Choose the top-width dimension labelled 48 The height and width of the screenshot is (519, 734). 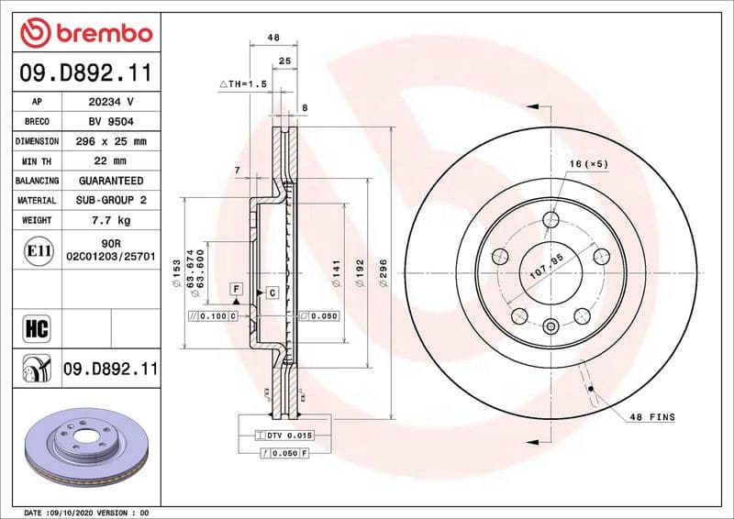pos(272,38)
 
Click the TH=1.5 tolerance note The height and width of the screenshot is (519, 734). pos(242,83)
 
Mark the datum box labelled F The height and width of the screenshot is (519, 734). pos(236,289)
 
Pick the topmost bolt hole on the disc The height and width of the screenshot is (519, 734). pos(550,219)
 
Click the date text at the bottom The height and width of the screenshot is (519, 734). pos(85,512)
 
